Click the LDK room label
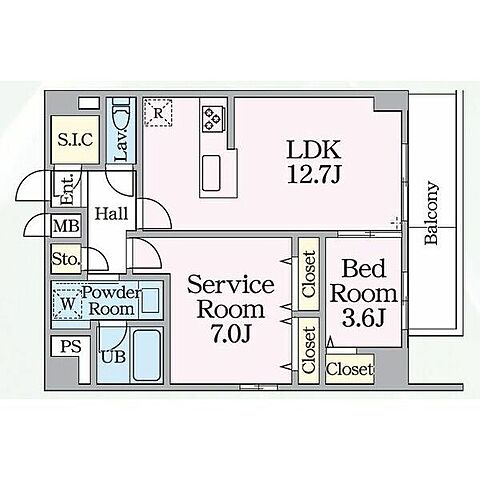coord(314,150)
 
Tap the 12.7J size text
coord(313,174)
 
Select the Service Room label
coord(231,297)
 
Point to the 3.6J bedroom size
coord(364,318)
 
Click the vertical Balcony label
coord(431,213)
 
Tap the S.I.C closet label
coord(75,140)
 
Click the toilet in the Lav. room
coord(121,113)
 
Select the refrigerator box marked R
coord(158,113)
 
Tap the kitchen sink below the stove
coord(211,173)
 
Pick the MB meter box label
coord(67,226)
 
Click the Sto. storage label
coord(66,259)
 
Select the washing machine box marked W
coord(68,304)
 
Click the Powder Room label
coord(112,301)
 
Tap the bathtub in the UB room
coord(146,355)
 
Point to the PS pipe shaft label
coord(71,347)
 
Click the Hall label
coord(111,213)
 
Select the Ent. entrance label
coord(67,189)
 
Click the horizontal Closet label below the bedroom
coord(349,369)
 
